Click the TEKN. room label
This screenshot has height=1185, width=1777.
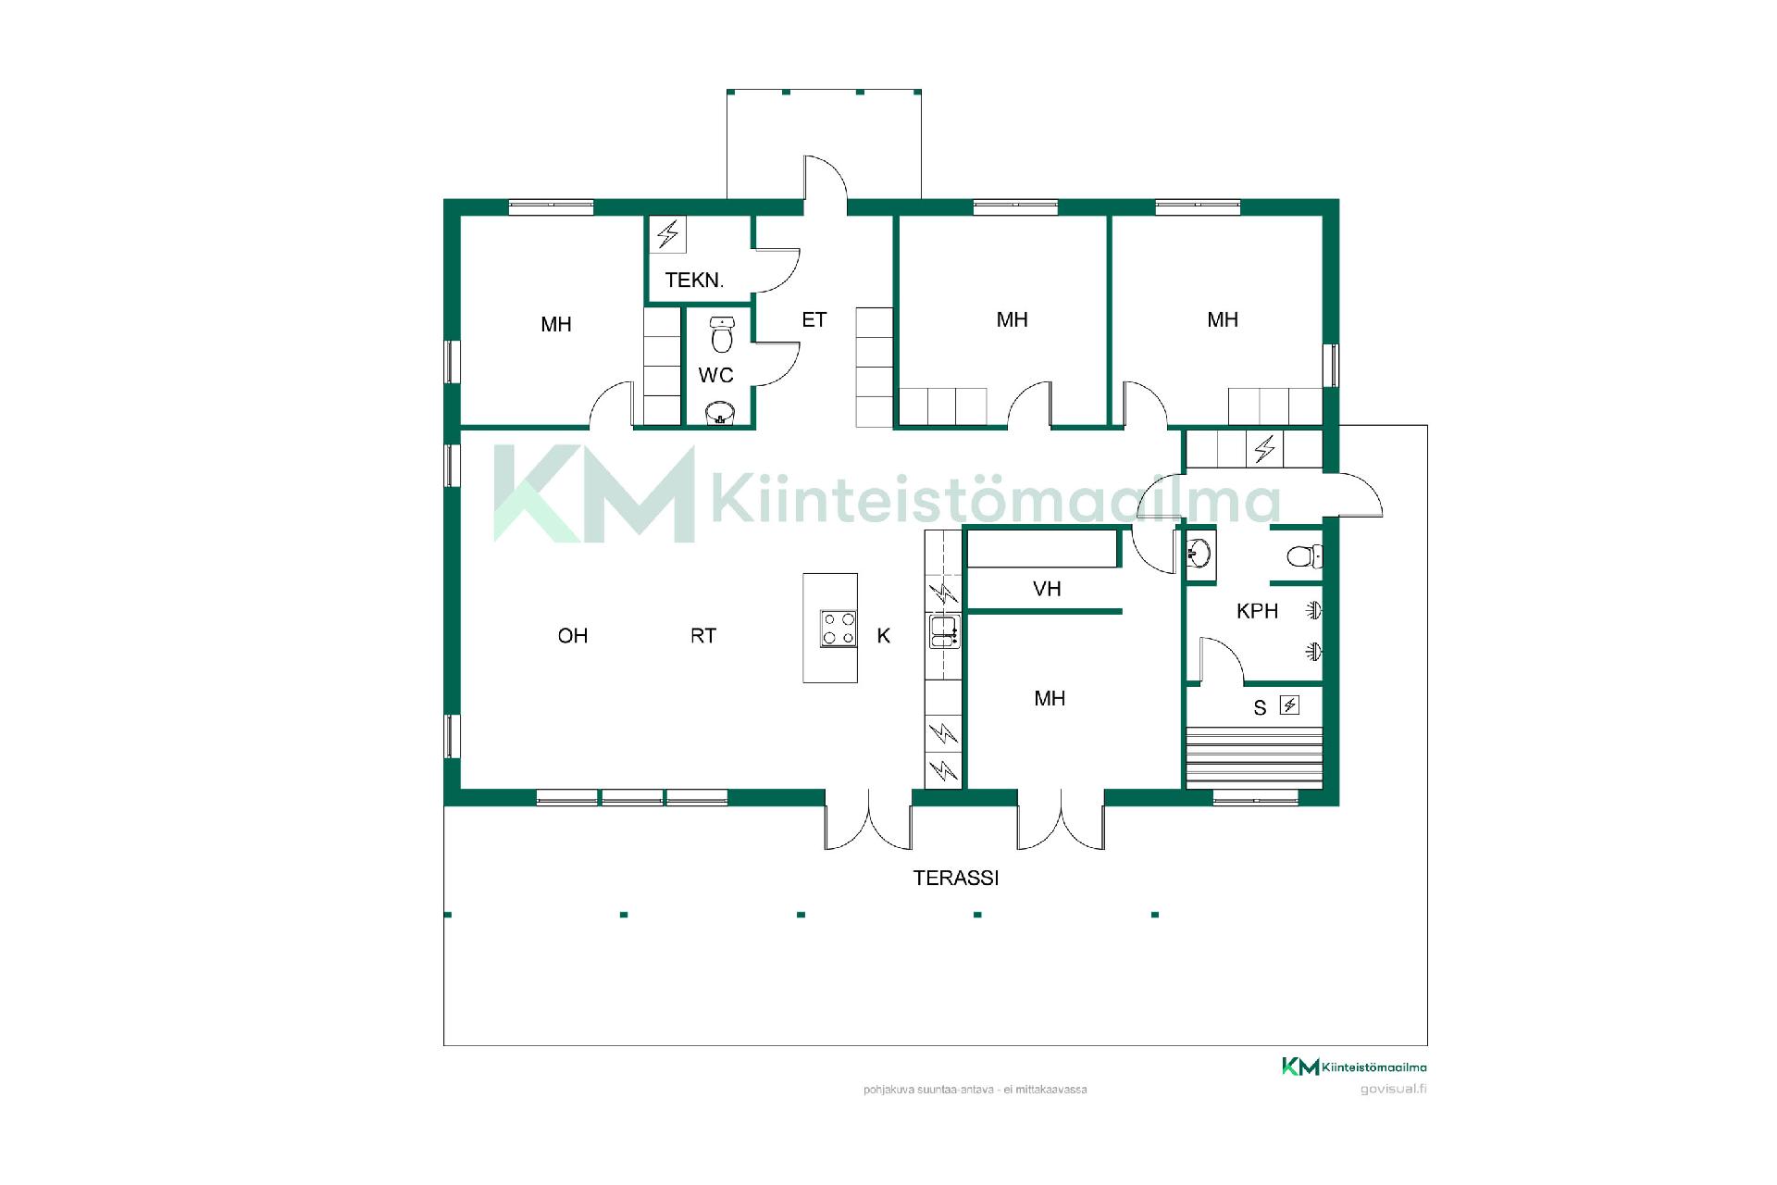[694, 280]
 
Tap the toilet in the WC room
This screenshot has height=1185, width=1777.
[722, 334]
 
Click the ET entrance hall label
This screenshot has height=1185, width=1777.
[814, 319]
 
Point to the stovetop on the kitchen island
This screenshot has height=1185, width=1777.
[839, 629]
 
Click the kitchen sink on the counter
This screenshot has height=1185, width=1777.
[944, 631]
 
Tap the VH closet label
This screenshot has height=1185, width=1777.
[1047, 589]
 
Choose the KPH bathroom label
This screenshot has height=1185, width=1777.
[1257, 611]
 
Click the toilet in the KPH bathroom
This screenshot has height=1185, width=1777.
[1304, 556]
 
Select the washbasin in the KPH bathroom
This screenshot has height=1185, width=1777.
[1199, 555]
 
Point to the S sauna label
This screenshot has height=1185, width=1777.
[1260, 708]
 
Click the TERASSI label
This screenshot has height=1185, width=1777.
[956, 878]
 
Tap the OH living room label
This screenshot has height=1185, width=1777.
[573, 635]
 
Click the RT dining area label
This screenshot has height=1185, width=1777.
[703, 635]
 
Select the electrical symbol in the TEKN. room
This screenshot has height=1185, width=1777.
[668, 234]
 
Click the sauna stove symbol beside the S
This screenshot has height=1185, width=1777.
[1289, 705]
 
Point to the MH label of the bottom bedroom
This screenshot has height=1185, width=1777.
[1050, 698]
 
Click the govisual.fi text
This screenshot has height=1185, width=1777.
[1393, 1089]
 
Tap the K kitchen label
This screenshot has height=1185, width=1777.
[884, 635]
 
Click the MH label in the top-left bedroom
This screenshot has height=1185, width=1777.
[556, 324]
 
